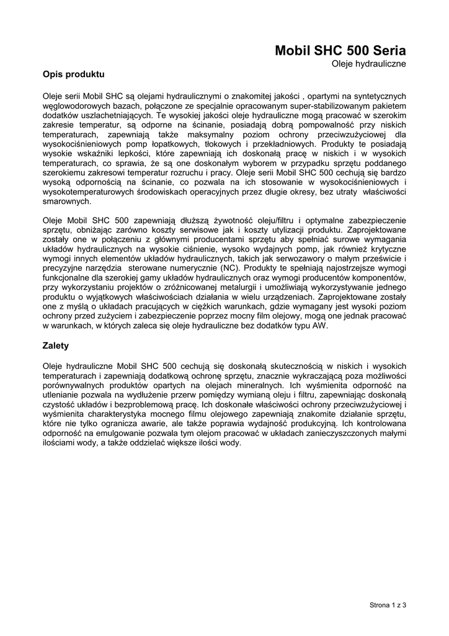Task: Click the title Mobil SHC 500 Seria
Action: click(x=340, y=51)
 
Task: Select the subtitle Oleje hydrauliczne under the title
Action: click(x=368, y=64)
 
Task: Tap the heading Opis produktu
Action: click(x=73, y=75)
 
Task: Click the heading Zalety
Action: click(x=56, y=345)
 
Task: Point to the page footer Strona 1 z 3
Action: click(x=388, y=604)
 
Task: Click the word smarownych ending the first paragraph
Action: click(x=66, y=201)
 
